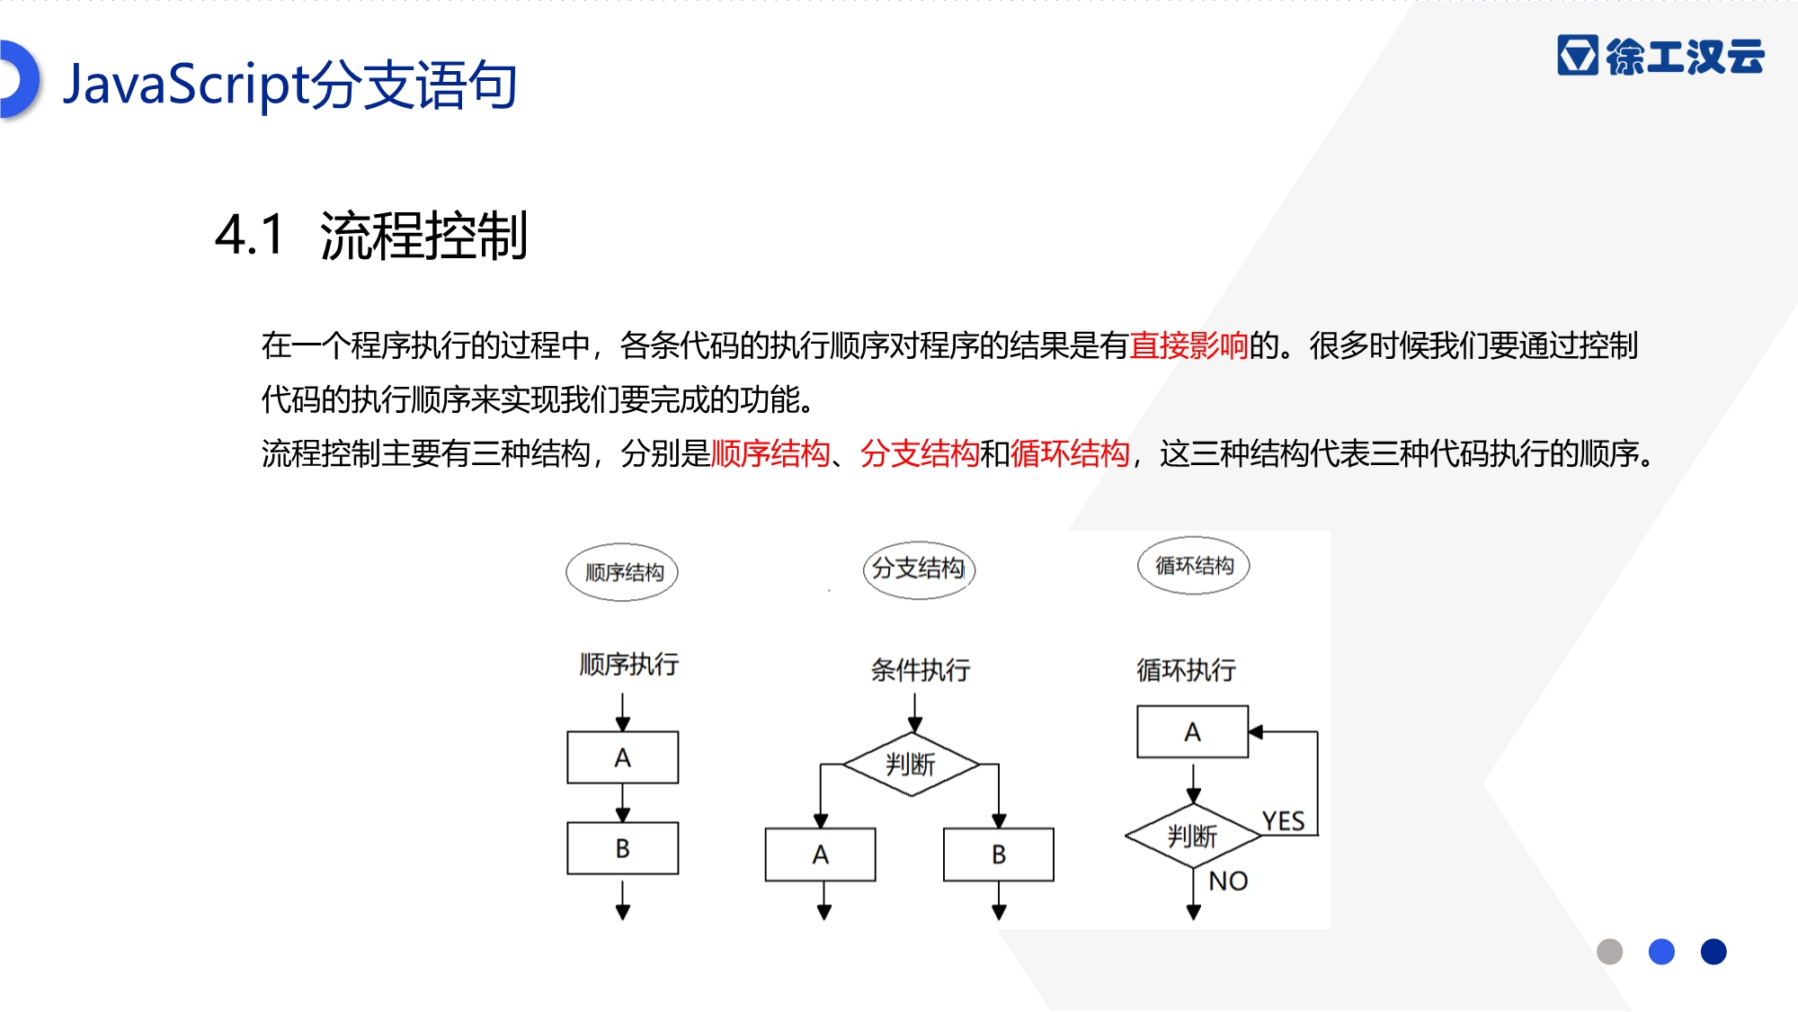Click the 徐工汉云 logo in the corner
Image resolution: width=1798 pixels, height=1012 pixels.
[x=1660, y=56]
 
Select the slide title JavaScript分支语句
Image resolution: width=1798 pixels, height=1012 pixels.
[x=289, y=85]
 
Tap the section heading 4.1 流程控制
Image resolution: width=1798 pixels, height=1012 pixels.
[x=371, y=236]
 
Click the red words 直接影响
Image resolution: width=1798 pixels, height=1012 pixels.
[x=1188, y=345]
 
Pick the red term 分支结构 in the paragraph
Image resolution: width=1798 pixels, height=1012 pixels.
[x=919, y=453]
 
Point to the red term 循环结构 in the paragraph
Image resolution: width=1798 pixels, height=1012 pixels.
[x=1069, y=453]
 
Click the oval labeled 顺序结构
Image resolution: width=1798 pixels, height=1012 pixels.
[x=622, y=572]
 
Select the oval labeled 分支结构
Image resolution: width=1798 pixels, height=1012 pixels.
[x=919, y=569]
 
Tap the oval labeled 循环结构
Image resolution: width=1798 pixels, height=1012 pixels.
[x=1194, y=566]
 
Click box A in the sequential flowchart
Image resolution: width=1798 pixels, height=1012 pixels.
[x=622, y=757]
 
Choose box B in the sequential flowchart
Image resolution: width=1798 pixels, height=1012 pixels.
[x=622, y=848]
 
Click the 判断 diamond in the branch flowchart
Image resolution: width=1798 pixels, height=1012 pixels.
[x=911, y=765]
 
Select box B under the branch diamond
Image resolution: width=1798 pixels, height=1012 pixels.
[x=999, y=855]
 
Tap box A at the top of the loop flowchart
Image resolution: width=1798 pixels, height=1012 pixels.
[x=1193, y=731]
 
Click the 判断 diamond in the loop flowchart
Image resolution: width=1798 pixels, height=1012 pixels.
[x=1193, y=836]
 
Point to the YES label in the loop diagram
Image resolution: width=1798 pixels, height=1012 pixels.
[x=1283, y=820]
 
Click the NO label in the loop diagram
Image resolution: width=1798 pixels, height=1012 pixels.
[x=1228, y=881]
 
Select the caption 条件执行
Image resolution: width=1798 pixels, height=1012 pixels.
[x=921, y=670]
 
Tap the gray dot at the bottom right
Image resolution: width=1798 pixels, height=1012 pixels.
[x=1609, y=952]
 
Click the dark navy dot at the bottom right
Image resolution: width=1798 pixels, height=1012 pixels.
[x=1713, y=952]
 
